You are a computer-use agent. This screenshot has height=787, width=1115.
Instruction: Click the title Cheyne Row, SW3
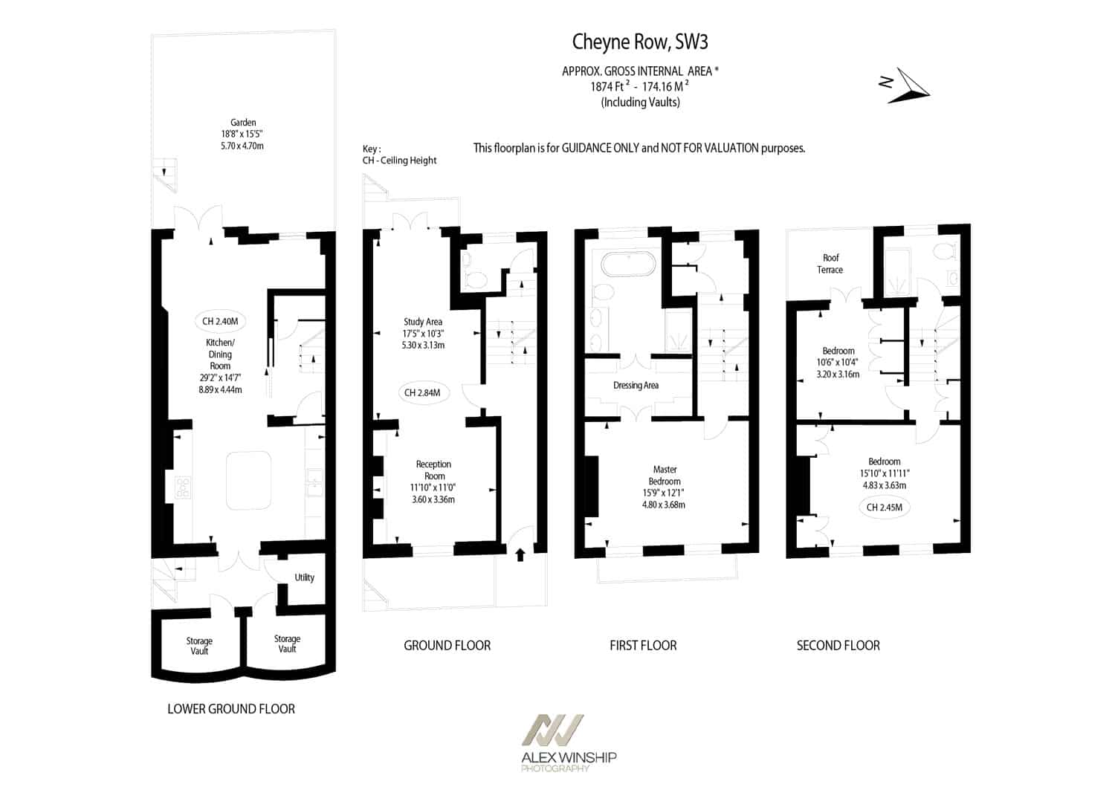pos(639,42)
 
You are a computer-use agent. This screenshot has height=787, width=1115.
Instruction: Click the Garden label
pos(243,123)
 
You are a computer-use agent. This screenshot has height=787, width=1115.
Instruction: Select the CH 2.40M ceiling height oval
pos(220,322)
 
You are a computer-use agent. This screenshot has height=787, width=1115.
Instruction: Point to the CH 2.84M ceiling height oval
pos(422,392)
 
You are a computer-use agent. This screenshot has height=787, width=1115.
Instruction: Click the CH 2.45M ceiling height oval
pos(884,508)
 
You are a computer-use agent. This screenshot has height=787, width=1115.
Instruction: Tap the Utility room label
pos(304,577)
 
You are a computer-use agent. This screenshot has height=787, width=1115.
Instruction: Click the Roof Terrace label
pos(830,264)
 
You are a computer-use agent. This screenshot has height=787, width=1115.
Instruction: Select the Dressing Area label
pos(636,385)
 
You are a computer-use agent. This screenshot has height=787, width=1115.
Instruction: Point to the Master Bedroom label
pos(665,476)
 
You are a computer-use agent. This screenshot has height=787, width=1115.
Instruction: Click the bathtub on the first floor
pos(628,264)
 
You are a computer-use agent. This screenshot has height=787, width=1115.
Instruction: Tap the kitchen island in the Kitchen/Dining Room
pos(249,480)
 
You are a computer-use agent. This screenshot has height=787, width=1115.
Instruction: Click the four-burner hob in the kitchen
pos(183,488)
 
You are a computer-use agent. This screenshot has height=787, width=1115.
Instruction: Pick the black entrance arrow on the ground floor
pos(520,555)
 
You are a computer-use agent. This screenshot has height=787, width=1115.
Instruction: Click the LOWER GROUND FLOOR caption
pos(231,709)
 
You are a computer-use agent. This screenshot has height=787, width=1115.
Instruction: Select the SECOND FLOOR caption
pos(838,646)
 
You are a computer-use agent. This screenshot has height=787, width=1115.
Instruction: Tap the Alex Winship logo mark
pos(552,731)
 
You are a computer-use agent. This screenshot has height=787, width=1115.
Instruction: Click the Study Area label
pos(423,322)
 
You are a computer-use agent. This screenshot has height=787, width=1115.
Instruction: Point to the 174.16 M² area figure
pos(665,86)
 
